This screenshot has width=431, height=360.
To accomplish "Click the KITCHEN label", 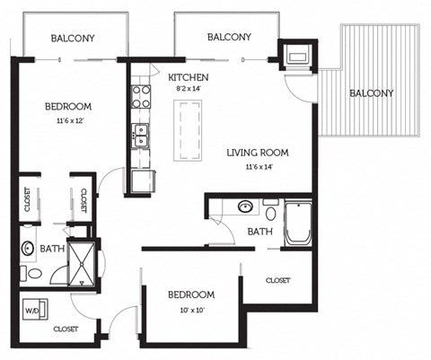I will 189,78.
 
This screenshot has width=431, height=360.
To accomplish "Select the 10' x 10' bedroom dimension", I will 189,312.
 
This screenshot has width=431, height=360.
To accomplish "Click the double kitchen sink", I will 140,136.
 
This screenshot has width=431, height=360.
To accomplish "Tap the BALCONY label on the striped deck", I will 371,93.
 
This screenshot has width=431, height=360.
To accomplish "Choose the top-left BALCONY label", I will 73,38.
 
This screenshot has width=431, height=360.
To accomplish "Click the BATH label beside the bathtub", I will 259,232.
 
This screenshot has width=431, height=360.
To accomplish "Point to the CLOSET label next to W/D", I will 66,329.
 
